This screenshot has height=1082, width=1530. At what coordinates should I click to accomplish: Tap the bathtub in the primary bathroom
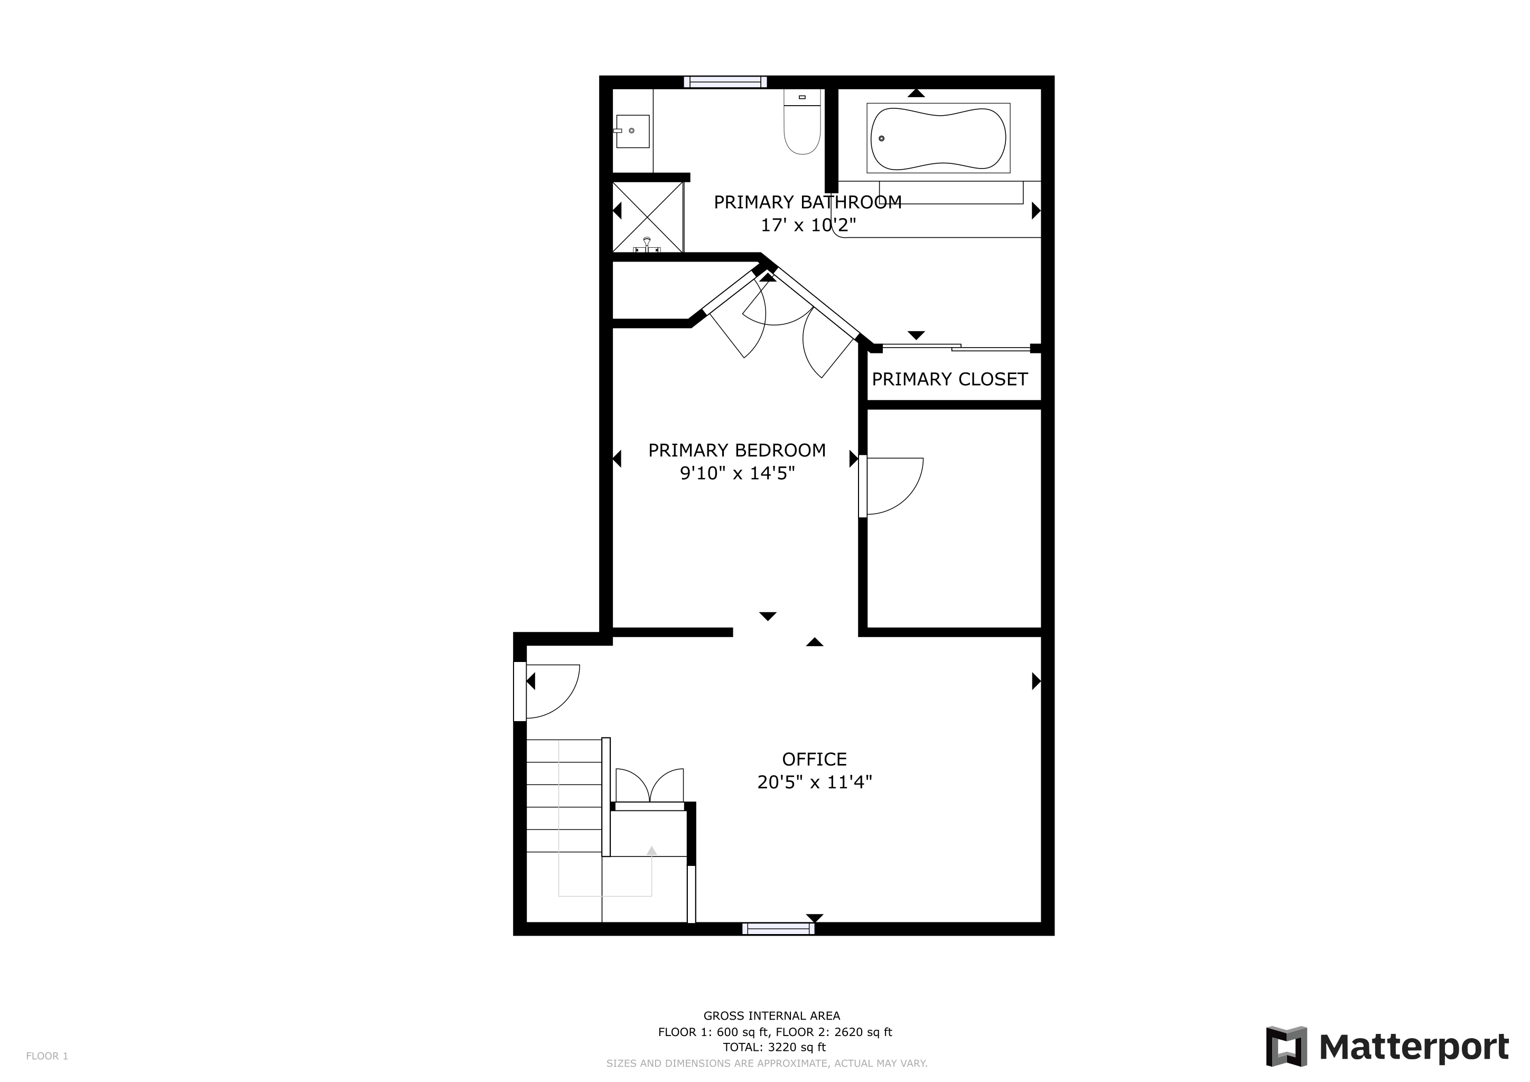point(938,138)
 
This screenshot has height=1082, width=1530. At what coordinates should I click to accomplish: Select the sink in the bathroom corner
point(632,130)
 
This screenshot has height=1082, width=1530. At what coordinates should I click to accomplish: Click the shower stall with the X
point(648,217)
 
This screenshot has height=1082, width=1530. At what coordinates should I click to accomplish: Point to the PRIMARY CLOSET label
point(949,379)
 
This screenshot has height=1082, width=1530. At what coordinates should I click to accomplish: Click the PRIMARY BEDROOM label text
point(737,450)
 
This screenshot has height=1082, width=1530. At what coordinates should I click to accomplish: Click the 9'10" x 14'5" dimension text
point(737,473)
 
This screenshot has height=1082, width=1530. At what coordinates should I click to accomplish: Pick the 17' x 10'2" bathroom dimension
point(808,225)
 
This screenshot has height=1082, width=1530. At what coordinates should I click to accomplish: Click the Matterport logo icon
point(1286,1046)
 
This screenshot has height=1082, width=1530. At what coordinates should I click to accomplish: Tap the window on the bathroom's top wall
point(725,82)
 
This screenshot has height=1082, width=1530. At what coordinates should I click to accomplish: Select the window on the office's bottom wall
point(778,929)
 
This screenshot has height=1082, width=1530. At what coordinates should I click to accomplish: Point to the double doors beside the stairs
point(650,786)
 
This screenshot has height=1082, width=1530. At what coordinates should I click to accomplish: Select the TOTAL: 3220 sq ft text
point(775,1047)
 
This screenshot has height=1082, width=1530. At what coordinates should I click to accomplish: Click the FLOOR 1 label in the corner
point(48,1056)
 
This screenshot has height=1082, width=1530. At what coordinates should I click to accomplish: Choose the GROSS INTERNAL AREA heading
point(772,1016)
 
